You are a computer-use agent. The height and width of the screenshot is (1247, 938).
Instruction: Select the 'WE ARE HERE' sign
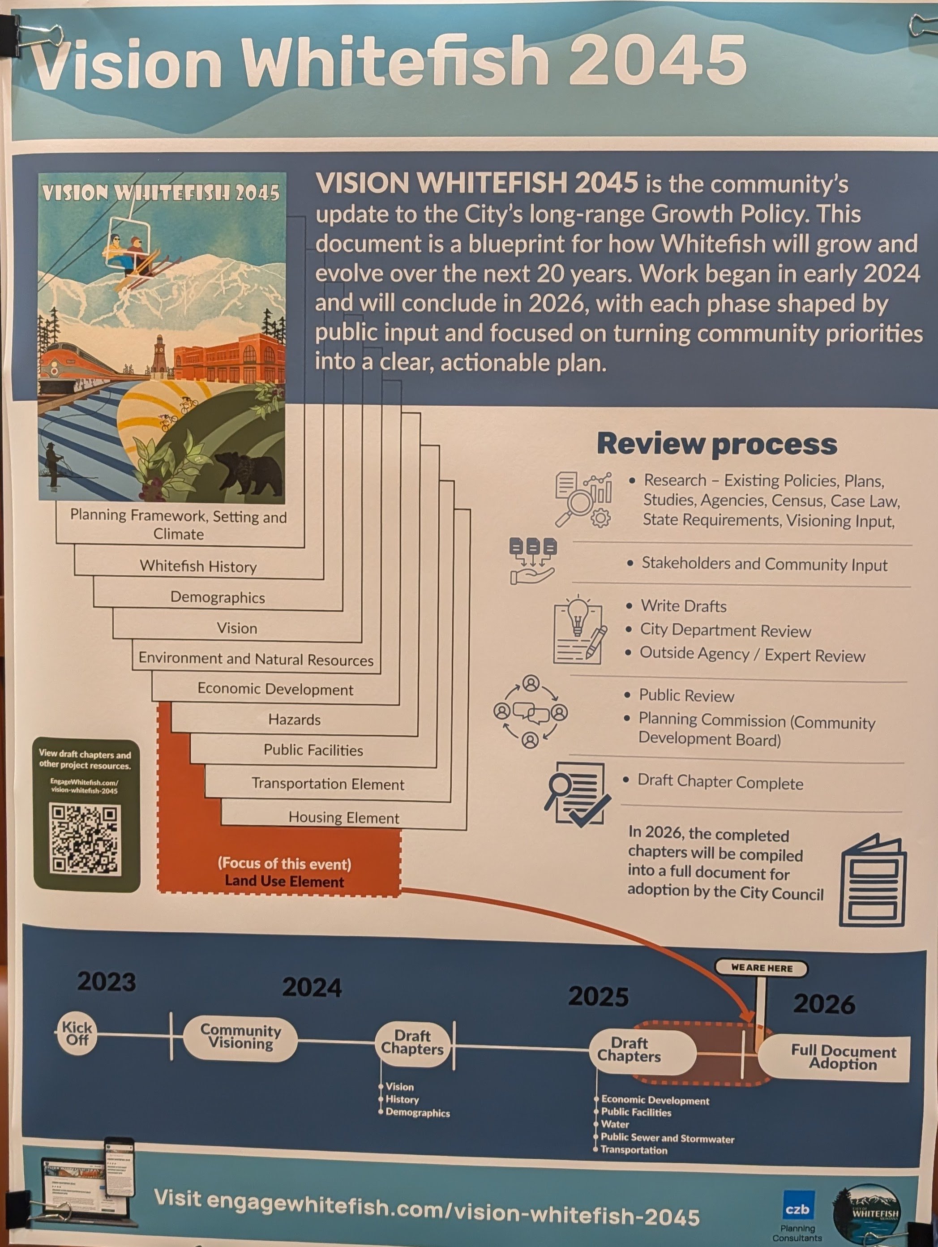[762, 968]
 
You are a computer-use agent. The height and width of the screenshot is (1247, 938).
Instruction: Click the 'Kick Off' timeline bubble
[77, 1033]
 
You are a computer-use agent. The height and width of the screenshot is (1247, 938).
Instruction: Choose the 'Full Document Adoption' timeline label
[843, 1057]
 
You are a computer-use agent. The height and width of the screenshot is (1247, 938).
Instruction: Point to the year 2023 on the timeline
[107, 982]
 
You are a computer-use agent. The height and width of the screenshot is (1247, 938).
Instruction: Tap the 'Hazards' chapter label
[294, 720]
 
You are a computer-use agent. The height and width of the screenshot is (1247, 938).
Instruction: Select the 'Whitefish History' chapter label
[198, 566]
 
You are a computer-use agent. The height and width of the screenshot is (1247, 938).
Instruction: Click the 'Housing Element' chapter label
[344, 818]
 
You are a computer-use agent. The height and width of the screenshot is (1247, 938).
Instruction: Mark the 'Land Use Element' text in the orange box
[284, 882]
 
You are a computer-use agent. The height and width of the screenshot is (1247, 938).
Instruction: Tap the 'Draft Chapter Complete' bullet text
[720, 783]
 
